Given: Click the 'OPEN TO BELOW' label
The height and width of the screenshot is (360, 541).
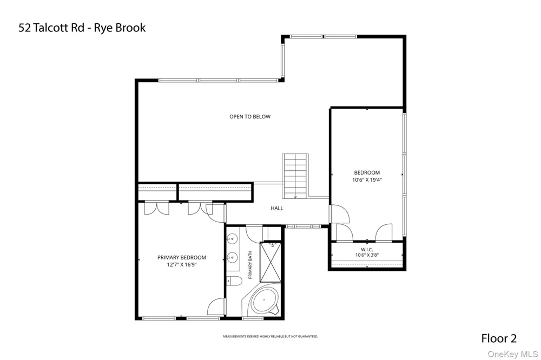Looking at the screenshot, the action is tap(250, 117).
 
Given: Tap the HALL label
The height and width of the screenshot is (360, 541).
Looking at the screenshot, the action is tap(276, 208).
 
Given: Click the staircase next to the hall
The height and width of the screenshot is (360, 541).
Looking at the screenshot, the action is tap(295, 176).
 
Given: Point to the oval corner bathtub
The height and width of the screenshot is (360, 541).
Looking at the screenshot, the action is tap(265, 301).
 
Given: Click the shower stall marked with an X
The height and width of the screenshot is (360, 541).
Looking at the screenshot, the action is tap(270, 262).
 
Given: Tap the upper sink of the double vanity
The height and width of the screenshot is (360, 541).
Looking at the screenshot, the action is tap(232, 238).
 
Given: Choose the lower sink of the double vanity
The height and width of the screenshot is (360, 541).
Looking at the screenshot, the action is tap(232, 257).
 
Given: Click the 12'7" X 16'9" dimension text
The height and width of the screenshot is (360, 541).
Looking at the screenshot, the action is tap(181, 264).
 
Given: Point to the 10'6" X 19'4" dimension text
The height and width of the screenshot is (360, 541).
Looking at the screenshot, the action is tap(367, 179).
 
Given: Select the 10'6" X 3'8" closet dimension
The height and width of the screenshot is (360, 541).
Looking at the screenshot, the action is tap(367, 255).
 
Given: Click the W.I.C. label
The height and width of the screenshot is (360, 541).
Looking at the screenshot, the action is tap(367, 250).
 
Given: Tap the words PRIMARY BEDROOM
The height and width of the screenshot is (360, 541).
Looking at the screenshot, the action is tap(181, 257).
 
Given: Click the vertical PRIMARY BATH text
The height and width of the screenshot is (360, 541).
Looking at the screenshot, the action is tap(250, 265).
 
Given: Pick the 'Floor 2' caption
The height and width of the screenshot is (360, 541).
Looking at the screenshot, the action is tap(499, 338).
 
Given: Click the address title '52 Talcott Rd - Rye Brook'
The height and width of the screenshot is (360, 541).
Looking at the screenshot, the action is tap(82, 28).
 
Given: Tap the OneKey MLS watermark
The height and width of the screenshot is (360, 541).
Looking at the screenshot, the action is tap(513, 354).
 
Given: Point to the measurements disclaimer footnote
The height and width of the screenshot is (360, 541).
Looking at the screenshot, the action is tap(270, 336).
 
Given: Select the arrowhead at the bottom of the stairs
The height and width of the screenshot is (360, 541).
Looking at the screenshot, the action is tap(295, 197).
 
